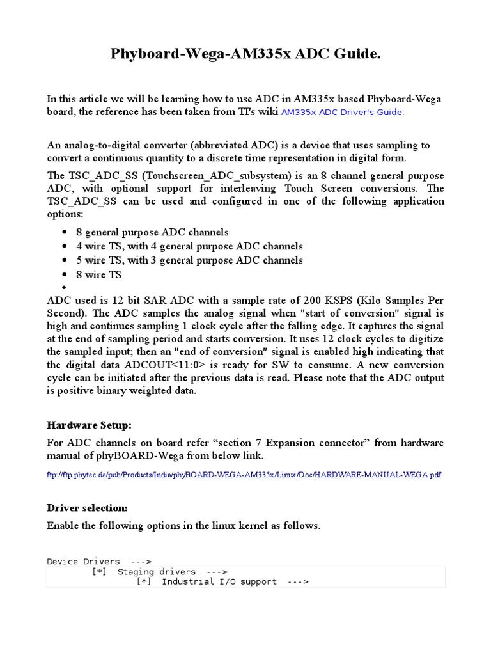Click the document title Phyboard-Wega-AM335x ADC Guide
point(245,55)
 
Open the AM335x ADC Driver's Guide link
point(342,113)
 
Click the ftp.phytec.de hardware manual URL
point(244,475)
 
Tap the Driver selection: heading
point(88,508)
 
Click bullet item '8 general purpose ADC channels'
point(152,232)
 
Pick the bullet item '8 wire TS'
point(98,274)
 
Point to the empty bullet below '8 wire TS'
point(65,288)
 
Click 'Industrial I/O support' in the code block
point(219,582)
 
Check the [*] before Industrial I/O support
point(144,582)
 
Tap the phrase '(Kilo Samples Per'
point(402,301)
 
